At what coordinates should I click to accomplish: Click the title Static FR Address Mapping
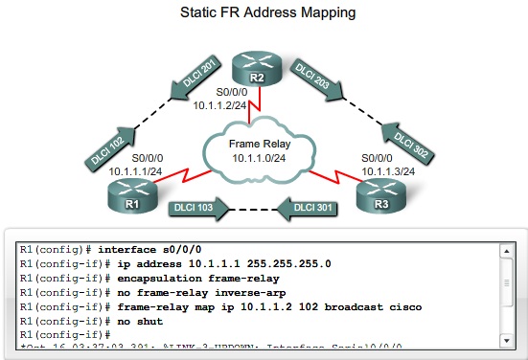(264, 13)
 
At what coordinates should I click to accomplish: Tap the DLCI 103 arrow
(196, 206)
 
